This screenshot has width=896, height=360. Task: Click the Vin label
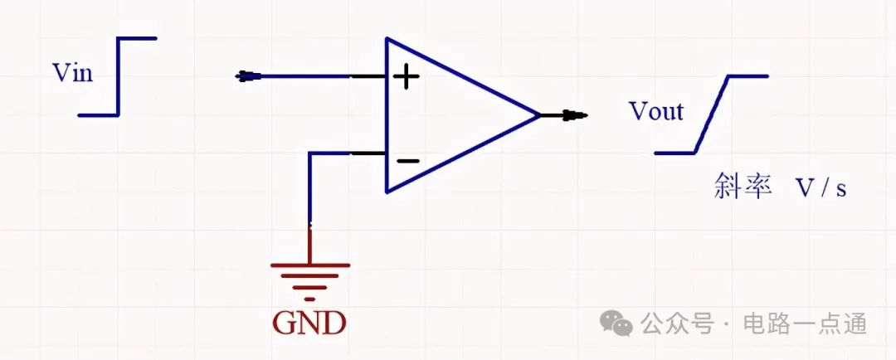[72, 73]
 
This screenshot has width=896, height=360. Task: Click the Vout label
[656, 111]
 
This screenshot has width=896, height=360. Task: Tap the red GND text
[309, 323]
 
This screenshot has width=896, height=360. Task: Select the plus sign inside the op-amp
[407, 76]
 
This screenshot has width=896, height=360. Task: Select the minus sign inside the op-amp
[407, 161]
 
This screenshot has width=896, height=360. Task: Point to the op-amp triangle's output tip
[539, 115]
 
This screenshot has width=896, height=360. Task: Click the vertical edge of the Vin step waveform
[119, 76]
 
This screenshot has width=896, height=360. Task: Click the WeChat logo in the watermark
[616, 323]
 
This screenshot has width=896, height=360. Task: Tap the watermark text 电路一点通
[805, 324]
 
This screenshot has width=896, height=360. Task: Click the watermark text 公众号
[677, 324]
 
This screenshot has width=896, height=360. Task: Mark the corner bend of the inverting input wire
[309, 153]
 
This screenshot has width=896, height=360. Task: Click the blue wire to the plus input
[305, 76]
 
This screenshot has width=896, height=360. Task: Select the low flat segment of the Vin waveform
[98, 114]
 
